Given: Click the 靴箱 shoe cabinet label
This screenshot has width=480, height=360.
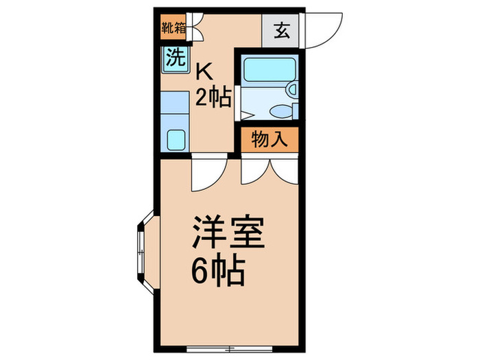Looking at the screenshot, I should (173, 29).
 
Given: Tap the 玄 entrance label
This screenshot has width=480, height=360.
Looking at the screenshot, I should (283, 30).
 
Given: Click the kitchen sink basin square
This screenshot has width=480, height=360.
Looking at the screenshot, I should (177, 139).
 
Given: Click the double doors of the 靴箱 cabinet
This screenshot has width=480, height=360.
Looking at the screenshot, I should (195, 30).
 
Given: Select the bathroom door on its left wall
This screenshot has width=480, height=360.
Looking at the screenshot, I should (237, 104).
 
